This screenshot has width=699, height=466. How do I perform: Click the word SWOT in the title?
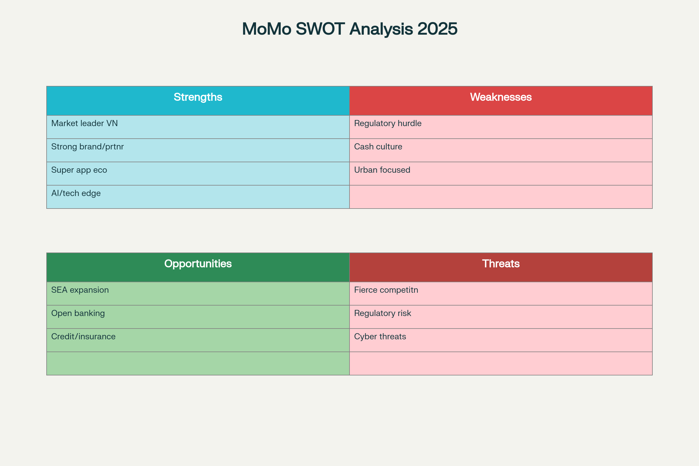tap(320, 29)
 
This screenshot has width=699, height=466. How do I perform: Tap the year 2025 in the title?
tap(437, 29)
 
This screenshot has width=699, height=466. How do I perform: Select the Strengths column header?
tap(198, 97)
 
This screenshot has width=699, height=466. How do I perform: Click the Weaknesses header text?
tap(501, 97)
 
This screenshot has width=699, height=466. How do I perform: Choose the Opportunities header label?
tap(198, 264)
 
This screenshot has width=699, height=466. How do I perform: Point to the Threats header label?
tap(501, 264)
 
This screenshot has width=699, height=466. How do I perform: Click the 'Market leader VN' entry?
tap(84, 123)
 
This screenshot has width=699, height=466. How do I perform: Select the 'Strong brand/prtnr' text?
tap(87, 147)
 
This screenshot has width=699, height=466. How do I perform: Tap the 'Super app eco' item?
tap(79, 170)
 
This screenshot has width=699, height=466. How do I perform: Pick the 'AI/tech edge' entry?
tap(76, 193)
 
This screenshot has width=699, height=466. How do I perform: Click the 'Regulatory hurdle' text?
tap(388, 123)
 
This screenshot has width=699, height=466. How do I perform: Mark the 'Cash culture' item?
tap(378, 146)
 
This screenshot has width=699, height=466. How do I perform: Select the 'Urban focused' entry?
tap(382, 170)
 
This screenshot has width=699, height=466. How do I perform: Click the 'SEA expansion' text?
tap(80, 290)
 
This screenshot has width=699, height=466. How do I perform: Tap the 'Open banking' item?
tap(78, 314)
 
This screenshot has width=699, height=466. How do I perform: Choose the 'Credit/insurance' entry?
tap(83, 337)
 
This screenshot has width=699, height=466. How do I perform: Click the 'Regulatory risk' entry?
tap(382, 314)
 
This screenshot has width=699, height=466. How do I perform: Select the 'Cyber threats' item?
tap(380, 337)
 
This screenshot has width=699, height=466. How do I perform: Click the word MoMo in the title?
tap(266, 29)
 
